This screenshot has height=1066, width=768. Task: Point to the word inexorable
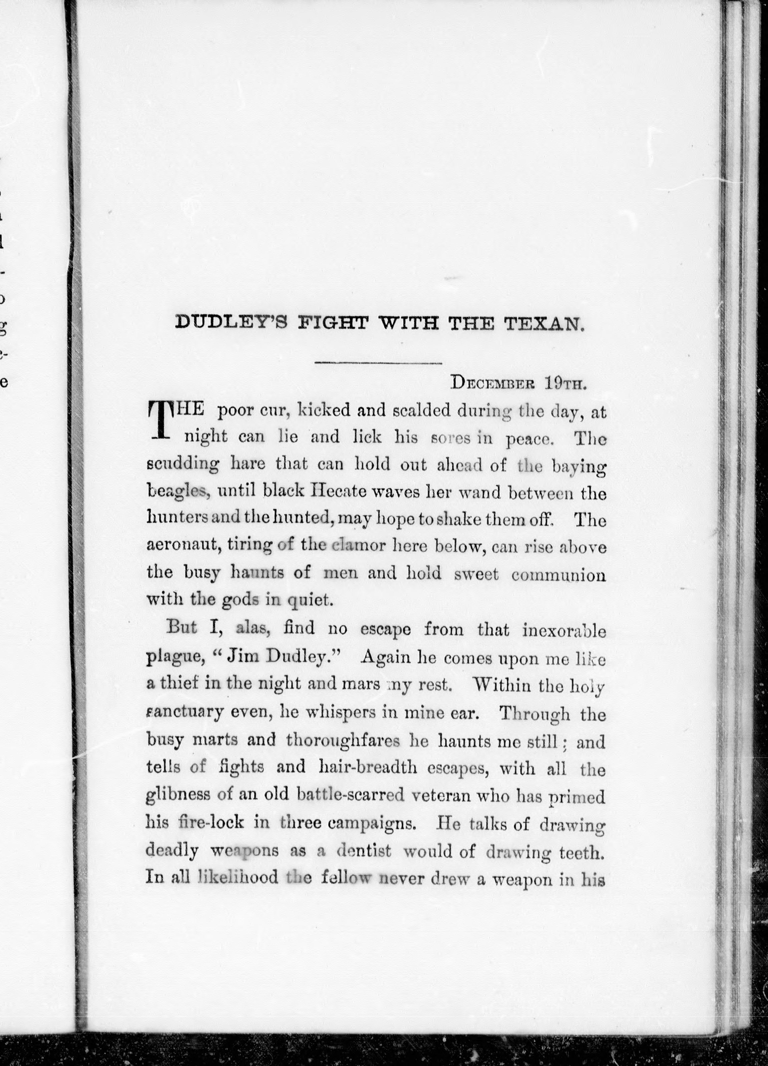coord(564,630)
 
